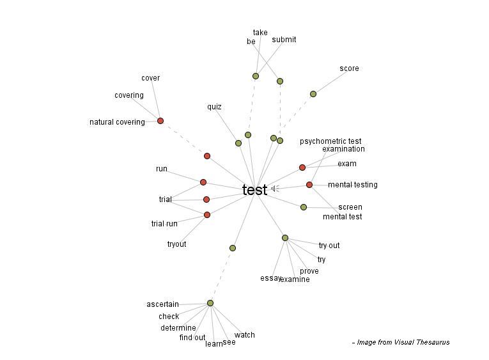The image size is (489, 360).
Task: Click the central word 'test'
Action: click(x=254, y=190)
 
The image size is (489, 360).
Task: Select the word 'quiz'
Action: click(x=214, y=107)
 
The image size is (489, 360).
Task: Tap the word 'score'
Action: click(x=349, y=68)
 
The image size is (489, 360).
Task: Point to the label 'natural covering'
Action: click(x=117, y=122)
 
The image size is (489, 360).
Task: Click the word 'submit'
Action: click(x=284, y=40)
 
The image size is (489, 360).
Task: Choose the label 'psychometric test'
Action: click(x=330, y=141)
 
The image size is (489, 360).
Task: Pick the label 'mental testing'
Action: click(x=352, y=185)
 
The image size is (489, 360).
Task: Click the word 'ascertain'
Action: click(x=162, y=304)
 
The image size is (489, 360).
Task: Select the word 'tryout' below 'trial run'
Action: click(x=176, y=244)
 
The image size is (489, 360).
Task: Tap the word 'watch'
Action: click(x=244, y=335)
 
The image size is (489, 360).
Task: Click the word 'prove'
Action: click(x=309, y=271)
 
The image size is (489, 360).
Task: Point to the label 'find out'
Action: click(x=192, y=338)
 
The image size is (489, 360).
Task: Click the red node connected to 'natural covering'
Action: click(x=160, y=121)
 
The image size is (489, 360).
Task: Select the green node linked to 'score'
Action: click(x=313, y=94)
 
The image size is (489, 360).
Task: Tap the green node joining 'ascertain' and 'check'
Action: click(x=210, y=303)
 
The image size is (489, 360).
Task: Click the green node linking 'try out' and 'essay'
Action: click(x=285, y=238)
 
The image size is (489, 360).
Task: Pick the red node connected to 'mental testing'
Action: click(x=309, y=185)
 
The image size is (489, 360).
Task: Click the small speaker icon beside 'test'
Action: click(x=274, y=189)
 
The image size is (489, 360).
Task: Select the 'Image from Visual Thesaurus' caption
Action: click(x=401, y=342)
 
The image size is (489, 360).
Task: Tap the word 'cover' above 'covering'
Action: click(x=150, y=78)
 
